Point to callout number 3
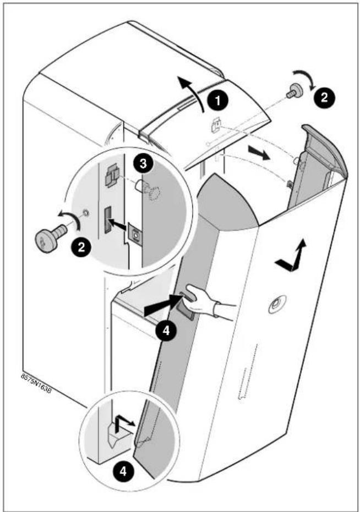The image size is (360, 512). tap(143, 163)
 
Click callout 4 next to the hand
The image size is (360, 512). tap(166, 331)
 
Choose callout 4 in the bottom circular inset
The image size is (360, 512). tap(123, 471)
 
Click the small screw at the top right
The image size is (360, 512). tap(294, 90)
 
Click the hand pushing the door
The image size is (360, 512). tap(206, 301)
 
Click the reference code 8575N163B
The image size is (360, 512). tap(36, 383)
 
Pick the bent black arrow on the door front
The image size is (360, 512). tap(291, 256)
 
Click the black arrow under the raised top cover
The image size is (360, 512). tap(259, 153)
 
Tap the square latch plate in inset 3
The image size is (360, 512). tap(135, 234)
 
